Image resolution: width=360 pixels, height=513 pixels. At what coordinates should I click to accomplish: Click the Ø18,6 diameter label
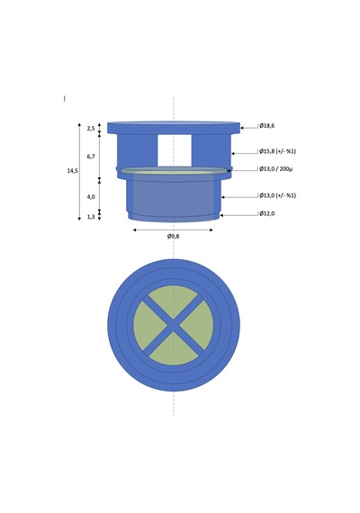[x=267, y=126]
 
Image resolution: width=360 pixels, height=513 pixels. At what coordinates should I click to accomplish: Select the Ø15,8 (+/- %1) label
[x=278, y=151]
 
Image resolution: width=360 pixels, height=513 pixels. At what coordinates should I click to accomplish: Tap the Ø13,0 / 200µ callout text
[x=276, y=169]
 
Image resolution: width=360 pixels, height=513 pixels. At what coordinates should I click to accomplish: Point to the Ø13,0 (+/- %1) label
[x=278, y=195]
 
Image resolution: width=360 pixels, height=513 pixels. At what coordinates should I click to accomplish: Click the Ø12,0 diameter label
[x=267, y=213]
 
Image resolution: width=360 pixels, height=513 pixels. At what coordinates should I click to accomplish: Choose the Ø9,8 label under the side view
[x=173, y=236]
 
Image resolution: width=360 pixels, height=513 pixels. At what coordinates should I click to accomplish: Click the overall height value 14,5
[x=73, y=170]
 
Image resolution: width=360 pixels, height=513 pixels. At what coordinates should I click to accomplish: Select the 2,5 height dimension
[x=91, y=129]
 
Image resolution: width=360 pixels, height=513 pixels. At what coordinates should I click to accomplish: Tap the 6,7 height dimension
[x=91, y=157]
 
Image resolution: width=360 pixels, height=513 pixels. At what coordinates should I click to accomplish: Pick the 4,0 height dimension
[x=91, y=196]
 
